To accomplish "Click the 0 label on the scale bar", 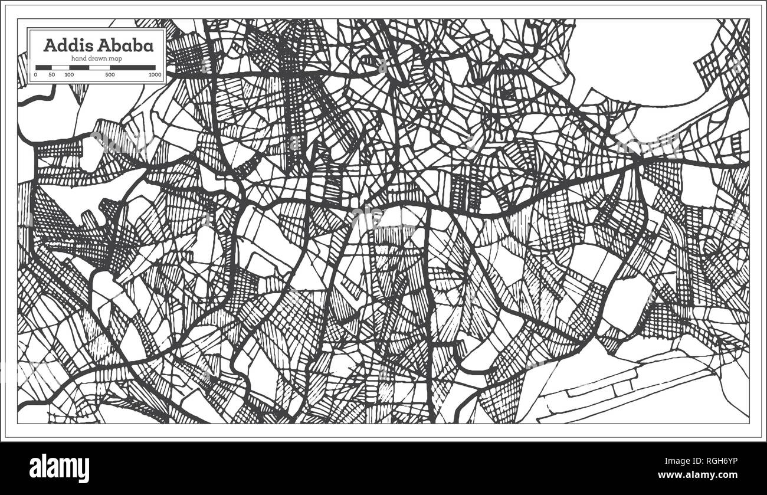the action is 36,75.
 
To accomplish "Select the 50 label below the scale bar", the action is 52,75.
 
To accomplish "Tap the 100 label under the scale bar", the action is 69,75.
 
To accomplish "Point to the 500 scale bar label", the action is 110,75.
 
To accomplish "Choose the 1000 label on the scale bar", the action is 155,75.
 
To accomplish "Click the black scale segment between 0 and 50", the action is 44,67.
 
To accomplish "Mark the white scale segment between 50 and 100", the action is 60,67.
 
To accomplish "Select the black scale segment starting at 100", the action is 79,67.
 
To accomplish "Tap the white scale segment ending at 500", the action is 99,67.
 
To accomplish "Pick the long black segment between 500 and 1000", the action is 133,67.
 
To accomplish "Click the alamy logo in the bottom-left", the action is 59,468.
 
